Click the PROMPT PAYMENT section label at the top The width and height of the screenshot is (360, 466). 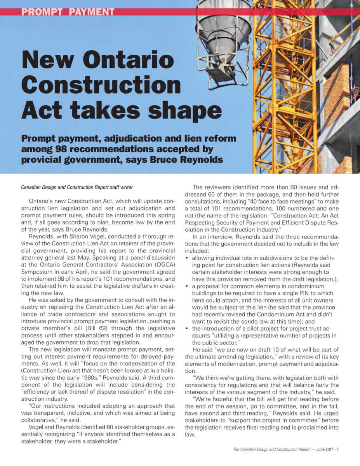[x=68, y=12]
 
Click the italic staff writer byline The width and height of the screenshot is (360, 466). [x=77, y=187]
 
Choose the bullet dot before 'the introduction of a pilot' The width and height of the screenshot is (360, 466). [x=188, y=329]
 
